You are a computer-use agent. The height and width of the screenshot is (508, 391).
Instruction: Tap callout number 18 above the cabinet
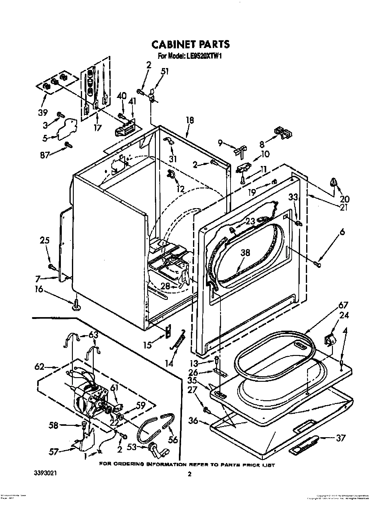(190, 120)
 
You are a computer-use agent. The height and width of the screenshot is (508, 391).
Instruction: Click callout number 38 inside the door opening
(245, 253)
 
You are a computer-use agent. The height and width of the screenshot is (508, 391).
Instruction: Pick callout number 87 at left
(45, 155)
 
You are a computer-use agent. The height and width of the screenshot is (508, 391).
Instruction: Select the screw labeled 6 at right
(318, 263)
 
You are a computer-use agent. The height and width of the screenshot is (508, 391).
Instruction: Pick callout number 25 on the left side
(45, 240)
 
